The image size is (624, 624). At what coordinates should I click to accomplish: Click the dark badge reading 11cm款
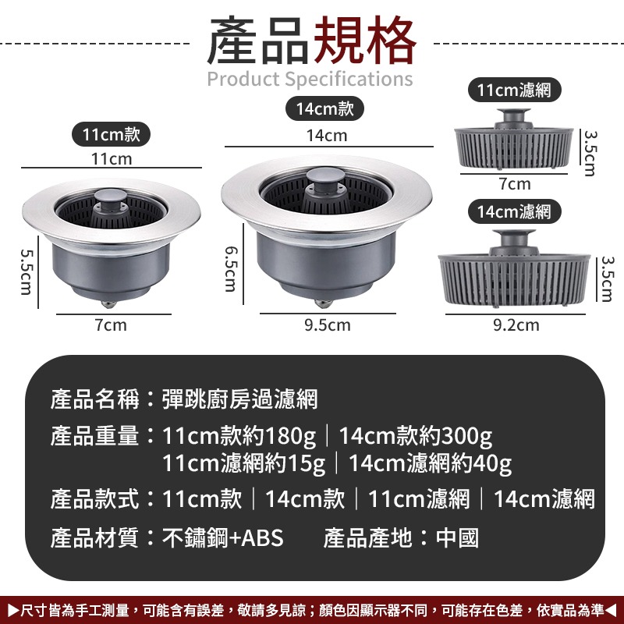tap(111, 134)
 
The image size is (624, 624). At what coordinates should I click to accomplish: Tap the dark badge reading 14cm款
tap(324, 109)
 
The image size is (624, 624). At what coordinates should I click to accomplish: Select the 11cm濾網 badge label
tap(514, 90)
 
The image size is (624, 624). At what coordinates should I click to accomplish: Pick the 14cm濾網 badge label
tap(514, 211)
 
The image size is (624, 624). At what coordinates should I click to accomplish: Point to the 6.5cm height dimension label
tap(230, 268)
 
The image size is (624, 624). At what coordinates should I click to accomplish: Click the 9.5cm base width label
tap(328, 324)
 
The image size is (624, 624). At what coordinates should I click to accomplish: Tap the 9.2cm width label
tap(516, 324)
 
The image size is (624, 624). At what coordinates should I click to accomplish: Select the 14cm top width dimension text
tap(327, 136)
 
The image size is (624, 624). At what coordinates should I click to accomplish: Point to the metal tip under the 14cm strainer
tap(322, 300)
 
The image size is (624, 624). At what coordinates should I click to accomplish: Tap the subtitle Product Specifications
tap(310, 79)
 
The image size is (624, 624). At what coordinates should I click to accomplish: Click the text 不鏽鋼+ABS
tap(223, 537)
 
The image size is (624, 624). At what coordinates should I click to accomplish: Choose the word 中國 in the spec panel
tap(457, 537)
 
